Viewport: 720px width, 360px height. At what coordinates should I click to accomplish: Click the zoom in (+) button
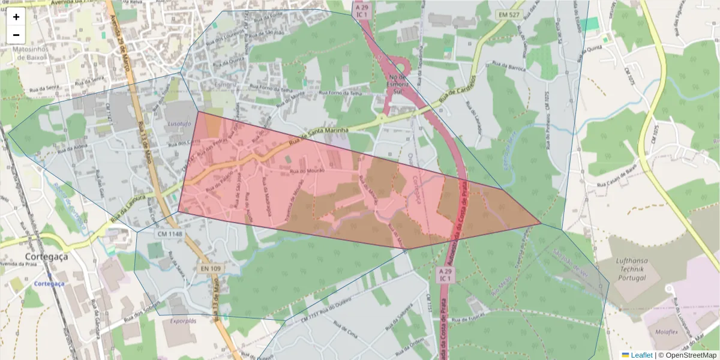16,17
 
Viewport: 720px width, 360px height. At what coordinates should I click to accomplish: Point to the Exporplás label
183,321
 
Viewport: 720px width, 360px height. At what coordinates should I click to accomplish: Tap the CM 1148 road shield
169,233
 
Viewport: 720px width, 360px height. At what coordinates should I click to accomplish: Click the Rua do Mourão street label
307,171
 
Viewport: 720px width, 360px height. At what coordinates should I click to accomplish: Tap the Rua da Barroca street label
508,66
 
